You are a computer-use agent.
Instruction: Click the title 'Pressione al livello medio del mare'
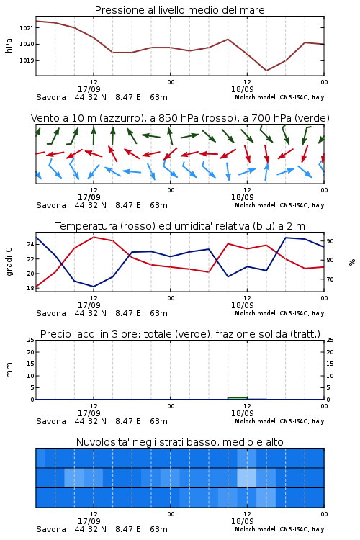179,10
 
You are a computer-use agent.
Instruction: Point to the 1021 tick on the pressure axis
26,28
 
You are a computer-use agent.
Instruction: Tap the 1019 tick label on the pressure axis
26,60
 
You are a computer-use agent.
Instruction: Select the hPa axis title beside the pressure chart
9,45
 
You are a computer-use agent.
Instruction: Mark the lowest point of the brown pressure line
266,71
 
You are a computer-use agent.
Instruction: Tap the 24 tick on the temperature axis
30,244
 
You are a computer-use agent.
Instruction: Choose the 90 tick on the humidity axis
330,241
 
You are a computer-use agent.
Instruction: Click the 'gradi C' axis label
9,261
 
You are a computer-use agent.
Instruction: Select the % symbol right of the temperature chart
352,262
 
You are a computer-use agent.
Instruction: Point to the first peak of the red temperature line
94,237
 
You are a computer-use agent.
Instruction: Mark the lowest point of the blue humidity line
94,287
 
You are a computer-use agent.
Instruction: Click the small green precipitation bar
238,398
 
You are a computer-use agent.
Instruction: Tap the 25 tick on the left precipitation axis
30,340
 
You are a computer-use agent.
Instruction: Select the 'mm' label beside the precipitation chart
9,370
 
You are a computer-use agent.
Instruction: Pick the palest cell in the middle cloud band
247,477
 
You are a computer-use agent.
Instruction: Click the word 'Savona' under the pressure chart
51,97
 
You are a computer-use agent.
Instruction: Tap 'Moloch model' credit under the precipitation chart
256,421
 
